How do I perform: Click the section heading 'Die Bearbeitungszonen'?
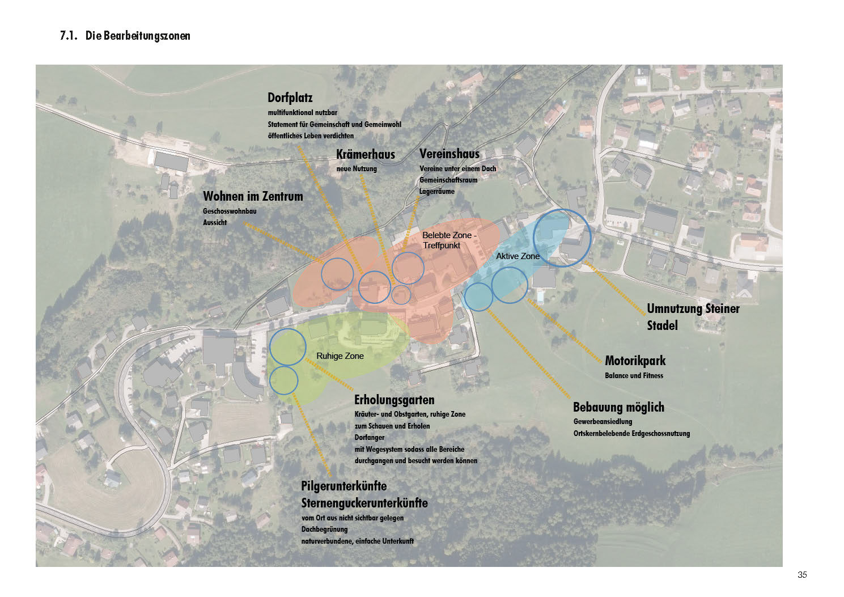click(x=138, y=36)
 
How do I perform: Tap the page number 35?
click(x=802, y=574)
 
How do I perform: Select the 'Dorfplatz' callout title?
click(x=290, y=98)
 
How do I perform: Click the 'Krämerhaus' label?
click(x=365, y=154)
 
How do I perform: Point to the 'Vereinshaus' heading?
click(x=449, y=154)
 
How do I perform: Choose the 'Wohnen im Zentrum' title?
click(x=253, y=196)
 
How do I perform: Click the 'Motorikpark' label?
click(x=635, y=361)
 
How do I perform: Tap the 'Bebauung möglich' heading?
click(x=618, y=407)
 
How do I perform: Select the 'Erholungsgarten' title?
click(x=394, y=400)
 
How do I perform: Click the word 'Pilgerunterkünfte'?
click(x=343, y=486)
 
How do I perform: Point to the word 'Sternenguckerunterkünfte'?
click(x=364, y=503)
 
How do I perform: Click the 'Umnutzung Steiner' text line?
click(x=693, y=309)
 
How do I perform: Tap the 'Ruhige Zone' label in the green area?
click(x=340, y=356)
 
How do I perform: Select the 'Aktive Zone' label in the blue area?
click(x=518, y=256)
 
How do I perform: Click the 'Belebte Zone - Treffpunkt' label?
click(x=449, y=240)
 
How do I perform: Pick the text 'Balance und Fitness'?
click(x=634, y=375)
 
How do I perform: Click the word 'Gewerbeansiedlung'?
click(x=603, y=422)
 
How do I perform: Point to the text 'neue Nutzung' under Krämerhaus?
click(x=357, y=169)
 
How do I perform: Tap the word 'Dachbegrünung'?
click(x=324, y=530)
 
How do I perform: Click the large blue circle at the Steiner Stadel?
click(x=562, y=238)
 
